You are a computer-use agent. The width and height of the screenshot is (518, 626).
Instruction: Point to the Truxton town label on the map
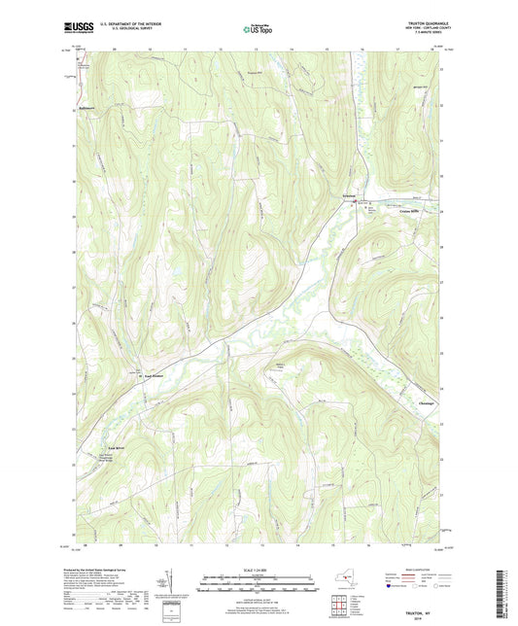coord(359,197)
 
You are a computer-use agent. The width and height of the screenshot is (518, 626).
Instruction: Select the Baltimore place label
coord(91,107)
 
